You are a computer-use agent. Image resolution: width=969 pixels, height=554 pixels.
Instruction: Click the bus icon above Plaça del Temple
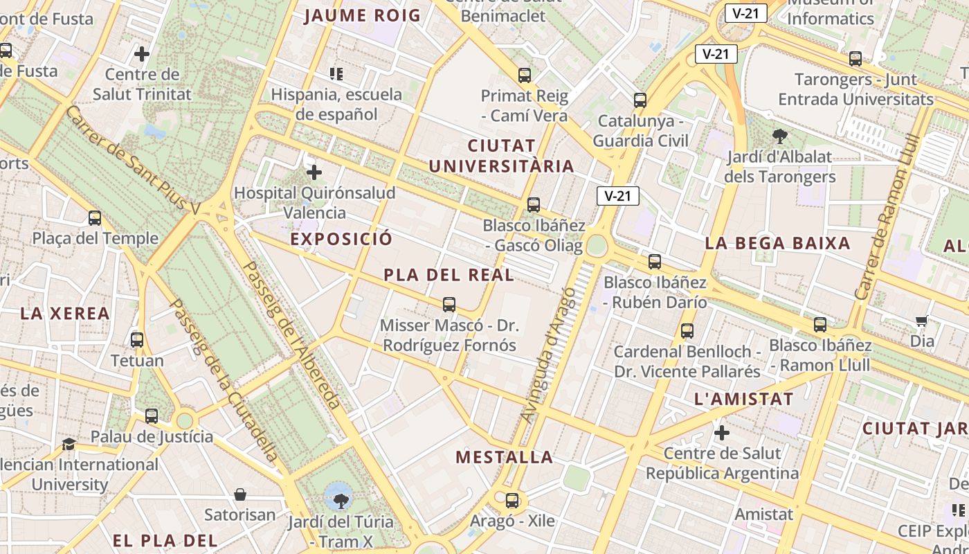[95, 218]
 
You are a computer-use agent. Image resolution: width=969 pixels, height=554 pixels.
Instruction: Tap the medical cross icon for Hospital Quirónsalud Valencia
[314, 172]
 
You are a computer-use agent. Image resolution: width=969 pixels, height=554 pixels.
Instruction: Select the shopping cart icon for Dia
[921, 321]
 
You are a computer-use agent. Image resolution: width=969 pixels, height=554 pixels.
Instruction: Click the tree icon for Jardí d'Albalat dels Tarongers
[780, 136]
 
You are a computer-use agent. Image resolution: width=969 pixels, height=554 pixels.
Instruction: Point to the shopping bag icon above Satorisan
[240, 494]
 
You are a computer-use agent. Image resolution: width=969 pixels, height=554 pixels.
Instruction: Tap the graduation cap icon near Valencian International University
[69, 444]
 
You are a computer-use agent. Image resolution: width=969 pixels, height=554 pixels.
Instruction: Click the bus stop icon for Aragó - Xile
[512, 500]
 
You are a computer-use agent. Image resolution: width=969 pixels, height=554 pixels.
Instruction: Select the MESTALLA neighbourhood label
[505, 457]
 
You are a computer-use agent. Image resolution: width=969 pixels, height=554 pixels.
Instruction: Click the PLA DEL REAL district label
[449, 275]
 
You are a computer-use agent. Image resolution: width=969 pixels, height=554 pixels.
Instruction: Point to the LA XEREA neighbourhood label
[65, 313]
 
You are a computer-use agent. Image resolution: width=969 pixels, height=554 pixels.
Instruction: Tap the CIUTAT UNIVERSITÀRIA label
[502, 156]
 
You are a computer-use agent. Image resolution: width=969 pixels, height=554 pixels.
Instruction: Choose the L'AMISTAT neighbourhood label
[743, 399]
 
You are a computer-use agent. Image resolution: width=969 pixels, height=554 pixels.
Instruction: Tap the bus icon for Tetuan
[137, 340]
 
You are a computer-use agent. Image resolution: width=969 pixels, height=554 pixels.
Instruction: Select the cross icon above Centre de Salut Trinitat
[142, 53]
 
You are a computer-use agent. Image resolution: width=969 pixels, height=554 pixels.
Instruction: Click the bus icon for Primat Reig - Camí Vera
[525, 75]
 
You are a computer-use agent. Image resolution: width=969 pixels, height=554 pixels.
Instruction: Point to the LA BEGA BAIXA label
[777, 243]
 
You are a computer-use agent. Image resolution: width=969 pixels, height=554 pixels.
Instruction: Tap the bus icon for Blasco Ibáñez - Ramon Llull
[820, 324]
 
